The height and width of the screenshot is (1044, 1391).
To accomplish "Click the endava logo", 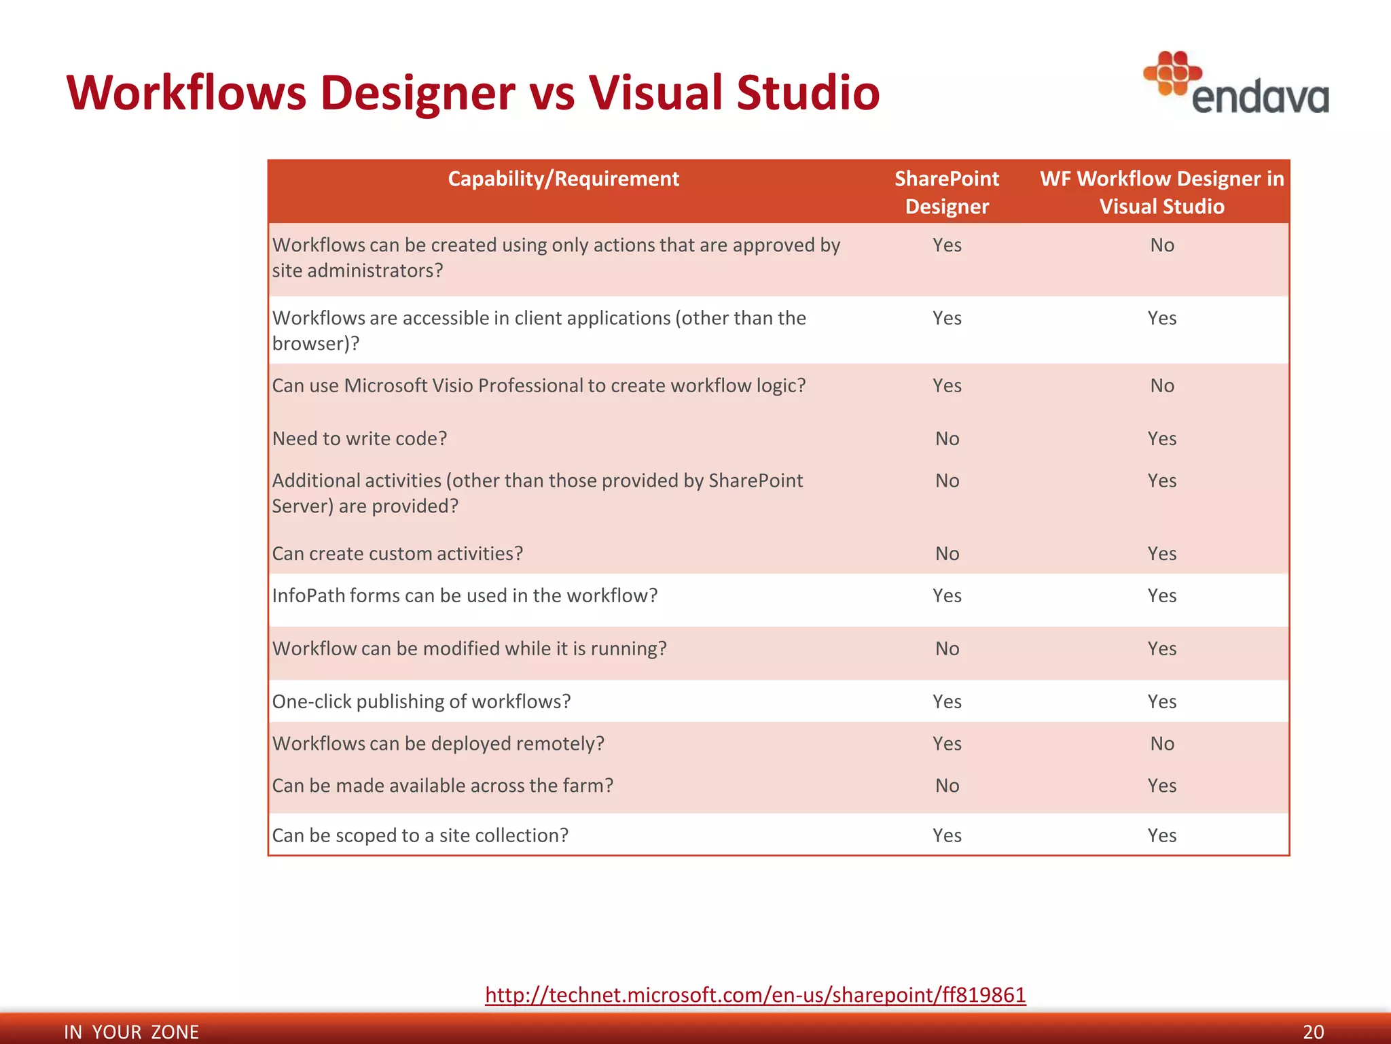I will (x=1236, y=84).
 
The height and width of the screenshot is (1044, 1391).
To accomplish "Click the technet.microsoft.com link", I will (x=755, y=995).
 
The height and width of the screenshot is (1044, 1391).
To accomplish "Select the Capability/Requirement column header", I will (x=563, y=179).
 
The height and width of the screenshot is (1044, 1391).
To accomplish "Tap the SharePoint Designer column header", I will (x=947, y=192).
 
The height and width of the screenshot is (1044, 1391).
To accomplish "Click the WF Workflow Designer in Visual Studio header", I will (x=1161, y=192).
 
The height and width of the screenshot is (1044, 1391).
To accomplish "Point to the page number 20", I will (x=1313, y=1032).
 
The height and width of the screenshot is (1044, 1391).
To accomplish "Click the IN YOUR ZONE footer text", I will (x=131, y=1032).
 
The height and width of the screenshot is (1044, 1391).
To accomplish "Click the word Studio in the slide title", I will (x=808, y=92).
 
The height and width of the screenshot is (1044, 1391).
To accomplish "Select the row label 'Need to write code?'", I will (x=359, y=438).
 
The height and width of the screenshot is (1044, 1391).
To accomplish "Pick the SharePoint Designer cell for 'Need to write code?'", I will (x=947, y=438).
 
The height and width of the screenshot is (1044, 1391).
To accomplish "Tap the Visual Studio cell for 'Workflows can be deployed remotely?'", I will (x=1161, y=744).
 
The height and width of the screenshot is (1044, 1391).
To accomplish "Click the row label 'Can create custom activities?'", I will (x=397, y=553).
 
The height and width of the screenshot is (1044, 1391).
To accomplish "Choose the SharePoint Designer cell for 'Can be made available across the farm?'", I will (x=947, y=786).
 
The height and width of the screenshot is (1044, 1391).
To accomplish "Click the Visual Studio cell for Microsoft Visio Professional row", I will (x=1161, y=385).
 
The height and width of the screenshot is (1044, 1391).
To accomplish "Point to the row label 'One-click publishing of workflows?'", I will (x=421, y=701).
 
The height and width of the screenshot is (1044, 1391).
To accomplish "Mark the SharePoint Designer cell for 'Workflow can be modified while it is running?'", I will (x=947, y=648).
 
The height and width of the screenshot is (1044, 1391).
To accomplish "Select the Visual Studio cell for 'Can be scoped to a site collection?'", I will (x=1161, y=835).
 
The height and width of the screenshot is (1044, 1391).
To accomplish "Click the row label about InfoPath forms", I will (x=465, y=595).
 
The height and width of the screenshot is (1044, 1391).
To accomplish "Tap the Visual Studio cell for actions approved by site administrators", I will (x=1161, y=245).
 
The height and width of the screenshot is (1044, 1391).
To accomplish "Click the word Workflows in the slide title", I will (x=187, y=92).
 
